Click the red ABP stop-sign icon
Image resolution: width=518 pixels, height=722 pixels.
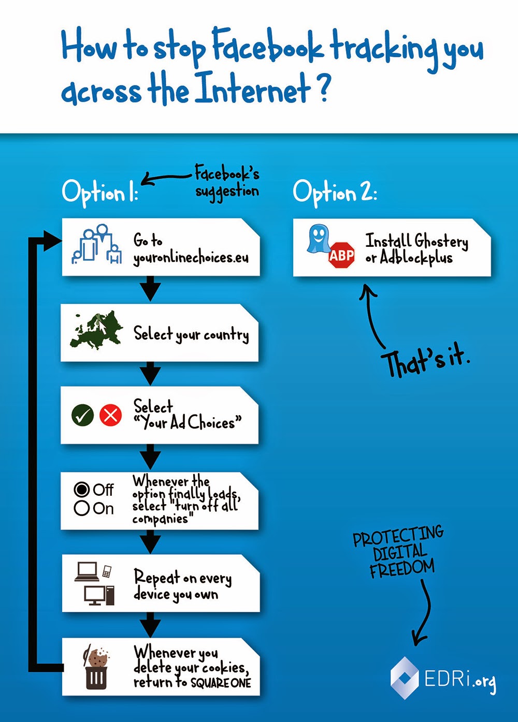click(x=341, y=255)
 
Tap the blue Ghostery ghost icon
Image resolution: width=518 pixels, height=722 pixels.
click(x=319, y=239)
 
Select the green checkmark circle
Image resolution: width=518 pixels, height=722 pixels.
click(x=82, y=415)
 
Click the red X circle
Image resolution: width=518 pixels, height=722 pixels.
click(x=111, y=415)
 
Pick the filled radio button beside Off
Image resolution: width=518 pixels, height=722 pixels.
click(x=82, y=490)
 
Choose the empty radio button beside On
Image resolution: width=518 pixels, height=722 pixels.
click(x=82, y=509)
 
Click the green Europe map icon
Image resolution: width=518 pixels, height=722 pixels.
click(x=96, y=330)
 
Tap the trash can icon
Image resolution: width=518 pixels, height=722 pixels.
click(x=96, y=678)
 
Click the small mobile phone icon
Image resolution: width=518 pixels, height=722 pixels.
click(x=107, y=571)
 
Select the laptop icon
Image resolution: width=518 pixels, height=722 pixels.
click(x=87, y=572)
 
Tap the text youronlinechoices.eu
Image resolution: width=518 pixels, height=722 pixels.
click(x=191, y=258)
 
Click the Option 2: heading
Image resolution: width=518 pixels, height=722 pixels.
click(x=335, y=193)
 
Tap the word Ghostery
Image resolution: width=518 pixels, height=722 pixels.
click(x=441, y=241)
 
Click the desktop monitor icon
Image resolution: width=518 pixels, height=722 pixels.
click(x=94, y=595)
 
